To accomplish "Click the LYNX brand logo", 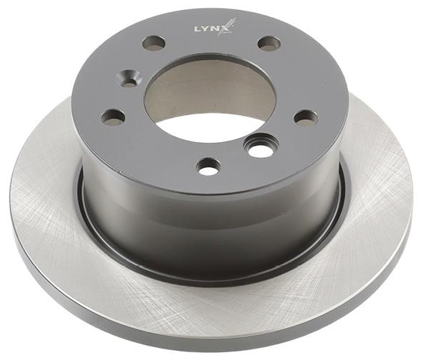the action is [215, 28].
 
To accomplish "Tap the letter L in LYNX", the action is [196, 29].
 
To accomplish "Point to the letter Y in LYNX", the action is [203, 29].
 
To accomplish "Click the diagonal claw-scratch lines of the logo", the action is [229, 26].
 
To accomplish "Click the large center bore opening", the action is [211, 97].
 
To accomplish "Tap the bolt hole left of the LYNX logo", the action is [153, 42].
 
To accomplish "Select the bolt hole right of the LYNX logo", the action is [269, 43].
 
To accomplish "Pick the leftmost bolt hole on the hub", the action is [114, 116].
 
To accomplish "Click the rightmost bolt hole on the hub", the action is [306, 118].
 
